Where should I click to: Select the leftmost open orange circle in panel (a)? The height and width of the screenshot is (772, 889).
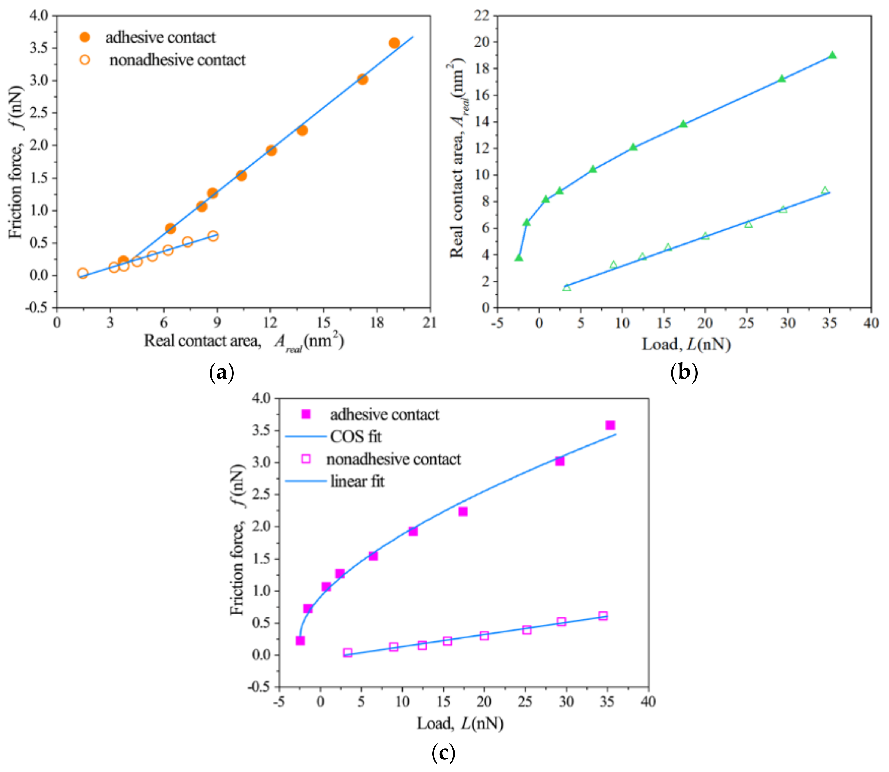(83, 273)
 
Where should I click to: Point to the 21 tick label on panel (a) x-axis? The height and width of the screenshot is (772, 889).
(429, 323)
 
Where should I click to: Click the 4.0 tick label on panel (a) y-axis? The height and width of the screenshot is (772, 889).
(39, 16)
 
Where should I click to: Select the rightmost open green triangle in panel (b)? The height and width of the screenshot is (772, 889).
(825, 191)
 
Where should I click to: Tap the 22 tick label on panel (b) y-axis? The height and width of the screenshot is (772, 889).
(482, 16)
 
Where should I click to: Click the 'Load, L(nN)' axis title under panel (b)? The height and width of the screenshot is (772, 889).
(686, 345)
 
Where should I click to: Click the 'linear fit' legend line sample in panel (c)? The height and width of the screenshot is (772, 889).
(306, 481)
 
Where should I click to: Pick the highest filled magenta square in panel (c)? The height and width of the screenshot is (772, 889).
(610, 425)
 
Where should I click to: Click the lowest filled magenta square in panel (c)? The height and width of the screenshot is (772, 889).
(300, 641)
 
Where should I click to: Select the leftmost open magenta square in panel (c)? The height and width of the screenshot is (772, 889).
(348, 653)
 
